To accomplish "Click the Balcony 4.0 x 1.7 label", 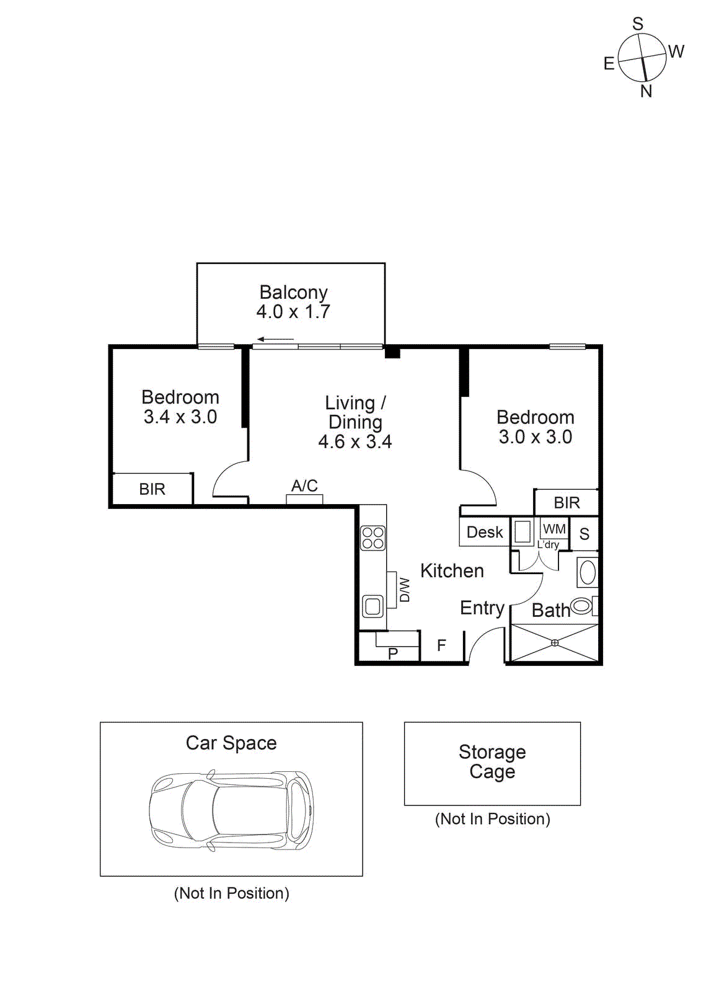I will click(293, 302).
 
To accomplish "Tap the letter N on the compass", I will click(646, 92).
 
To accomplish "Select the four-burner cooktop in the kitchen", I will click(373, 538).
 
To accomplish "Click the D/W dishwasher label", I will click(404, 590).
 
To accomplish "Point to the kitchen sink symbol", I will click(373, 606).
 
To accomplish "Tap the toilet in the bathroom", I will click(583, 605).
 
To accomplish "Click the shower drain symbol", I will click(555, 643).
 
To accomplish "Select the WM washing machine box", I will click(554, 529).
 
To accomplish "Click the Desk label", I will click(485, 533).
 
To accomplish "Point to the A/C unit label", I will click(304, 486).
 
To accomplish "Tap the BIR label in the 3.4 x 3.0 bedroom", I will click(152, 489).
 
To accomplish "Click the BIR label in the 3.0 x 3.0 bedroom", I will click(567, 503).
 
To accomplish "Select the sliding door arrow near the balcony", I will click(275, 339).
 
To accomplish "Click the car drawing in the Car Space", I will click(231, 810).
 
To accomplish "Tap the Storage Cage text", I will click(492, 761).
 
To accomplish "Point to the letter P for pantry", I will click(392, 653).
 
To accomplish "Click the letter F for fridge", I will click(441, 645).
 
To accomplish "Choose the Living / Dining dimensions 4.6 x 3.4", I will click(355, 442).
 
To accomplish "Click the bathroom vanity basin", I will click(587, 572).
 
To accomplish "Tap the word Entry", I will click(482, 608).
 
